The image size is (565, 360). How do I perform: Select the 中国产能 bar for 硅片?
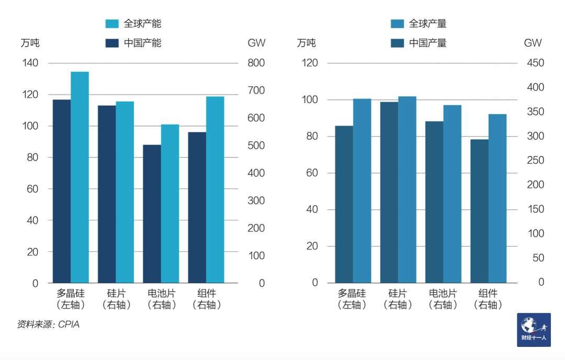click(x=107, y=194)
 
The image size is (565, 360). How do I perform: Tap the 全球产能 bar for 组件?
click(x=215, y=189)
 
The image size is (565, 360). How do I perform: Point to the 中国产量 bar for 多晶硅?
click(x=344, y=204)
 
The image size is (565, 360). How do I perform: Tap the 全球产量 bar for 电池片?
click(x=452, y=194)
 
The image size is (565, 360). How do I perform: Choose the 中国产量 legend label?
click(x=428, y=43)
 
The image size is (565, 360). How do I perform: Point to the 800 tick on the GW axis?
click(x=256, y=63)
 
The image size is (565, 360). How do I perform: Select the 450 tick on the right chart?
click(x=533, y=63)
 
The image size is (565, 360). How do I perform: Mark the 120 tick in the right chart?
click(x=311, y=63)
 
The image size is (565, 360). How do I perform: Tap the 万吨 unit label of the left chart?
click(x=30, y=43)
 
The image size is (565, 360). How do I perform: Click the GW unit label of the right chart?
click(x=533, y=43)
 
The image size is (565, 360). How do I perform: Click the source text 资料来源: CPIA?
click(x=48, y=324)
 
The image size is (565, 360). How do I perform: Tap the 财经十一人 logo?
click(x=534, y=330)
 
